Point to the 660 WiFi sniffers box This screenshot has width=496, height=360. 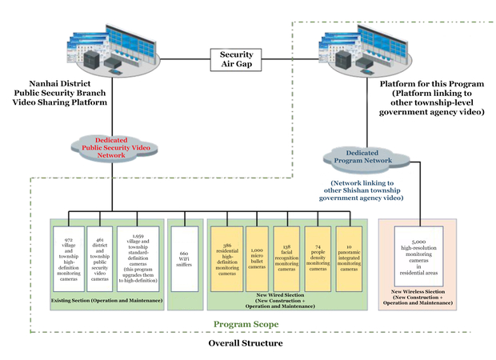(185, 258)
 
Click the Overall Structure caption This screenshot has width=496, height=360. (246, 343)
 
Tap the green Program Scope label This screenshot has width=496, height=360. (246, 324)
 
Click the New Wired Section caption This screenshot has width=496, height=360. (285, 302)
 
